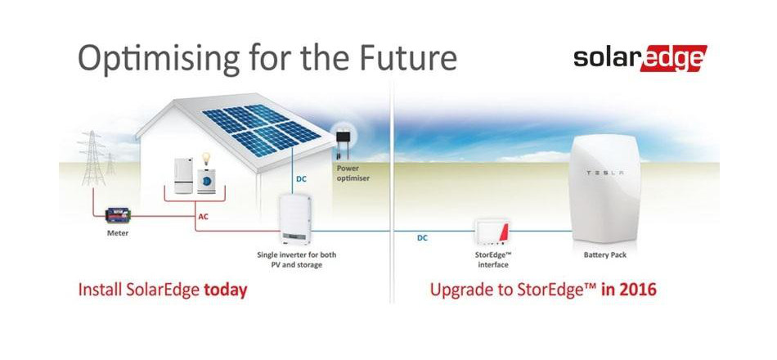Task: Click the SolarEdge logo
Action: (640, 59)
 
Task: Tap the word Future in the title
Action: (406, 57)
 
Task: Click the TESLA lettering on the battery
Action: (605, 173)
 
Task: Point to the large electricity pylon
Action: (92, 158)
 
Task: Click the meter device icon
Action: (118, 216)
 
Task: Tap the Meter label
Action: (118, 232)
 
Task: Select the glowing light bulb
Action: (205, 160)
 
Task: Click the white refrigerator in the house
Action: (183, 176)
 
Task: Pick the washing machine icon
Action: (206, 182)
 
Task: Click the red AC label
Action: (203, 217)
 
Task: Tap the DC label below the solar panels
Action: (301, 179)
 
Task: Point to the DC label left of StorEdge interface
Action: (422, 238)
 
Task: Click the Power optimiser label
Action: (353, 173)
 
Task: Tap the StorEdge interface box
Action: (493, 232)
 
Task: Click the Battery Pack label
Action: (605, 255)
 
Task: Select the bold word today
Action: (226, 290)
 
